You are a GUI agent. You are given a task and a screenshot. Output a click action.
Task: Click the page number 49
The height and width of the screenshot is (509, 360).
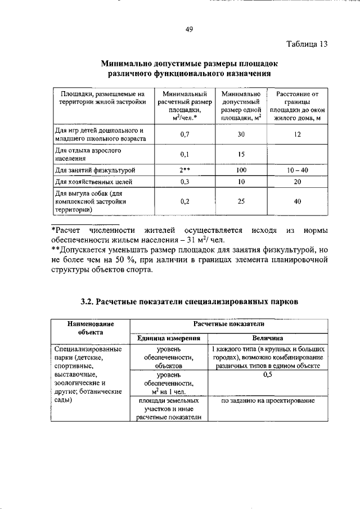pyautogui.click(x=190, y=30)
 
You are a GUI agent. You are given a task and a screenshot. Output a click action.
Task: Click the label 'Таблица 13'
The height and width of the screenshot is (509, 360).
pyautogui.click(x=305, y=44)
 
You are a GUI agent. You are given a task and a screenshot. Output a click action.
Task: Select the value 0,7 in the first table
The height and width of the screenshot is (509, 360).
pyautogui.click(x=184, y=135)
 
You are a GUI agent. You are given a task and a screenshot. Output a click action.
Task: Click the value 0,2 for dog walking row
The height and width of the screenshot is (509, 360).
pyautogui.click(x=184, y=201)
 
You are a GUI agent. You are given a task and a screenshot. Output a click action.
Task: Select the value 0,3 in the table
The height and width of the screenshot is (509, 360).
pyautogui.click(x=184, y=182)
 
